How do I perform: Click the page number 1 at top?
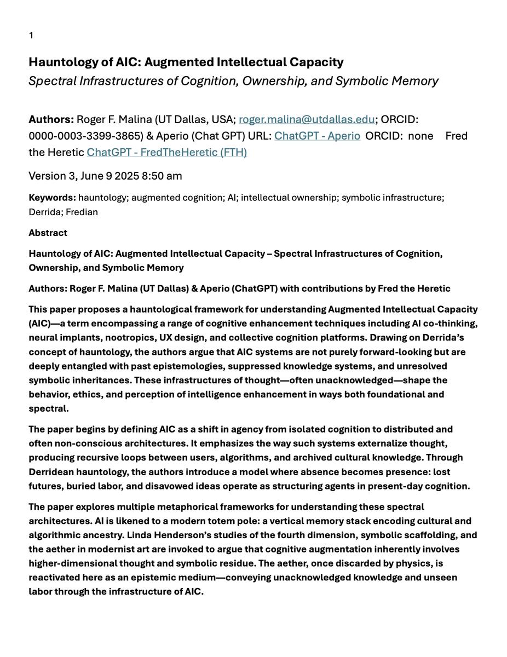31,36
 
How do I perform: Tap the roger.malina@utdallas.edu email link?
307,119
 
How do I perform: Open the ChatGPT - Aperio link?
317,136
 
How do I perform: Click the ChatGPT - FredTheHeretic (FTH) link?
166,152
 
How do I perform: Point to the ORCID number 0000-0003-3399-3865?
86,136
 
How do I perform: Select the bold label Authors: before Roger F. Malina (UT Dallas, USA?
51,119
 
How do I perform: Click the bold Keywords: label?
52,198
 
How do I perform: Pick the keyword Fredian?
82,212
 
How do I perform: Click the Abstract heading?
48,233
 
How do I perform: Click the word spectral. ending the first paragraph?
49,408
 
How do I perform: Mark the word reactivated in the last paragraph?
54,577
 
